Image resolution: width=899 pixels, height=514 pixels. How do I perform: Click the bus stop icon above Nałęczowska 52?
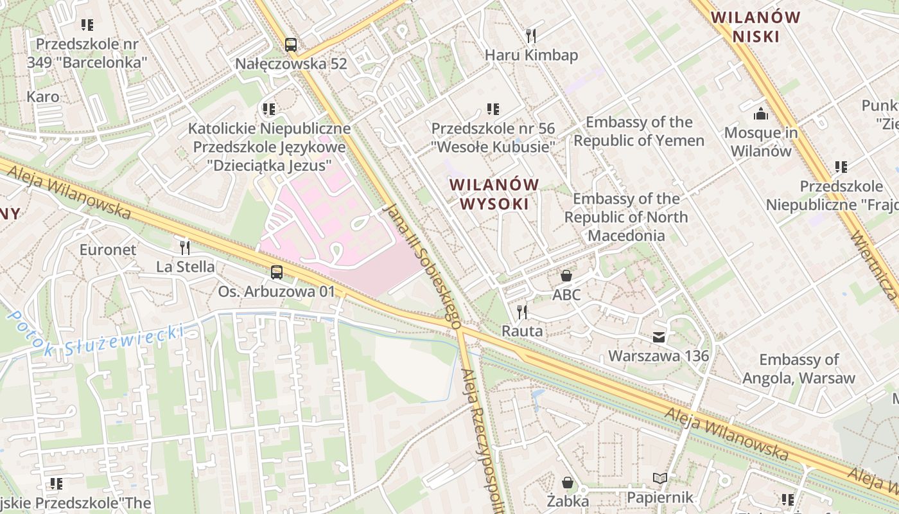tap(291, 45)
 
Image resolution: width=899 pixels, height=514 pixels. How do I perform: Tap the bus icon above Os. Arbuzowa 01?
tap(276, 272)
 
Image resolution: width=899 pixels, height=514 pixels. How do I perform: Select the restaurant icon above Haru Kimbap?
tap(530, 35)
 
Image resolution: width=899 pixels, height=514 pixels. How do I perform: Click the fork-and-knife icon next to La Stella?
tap(185, 248)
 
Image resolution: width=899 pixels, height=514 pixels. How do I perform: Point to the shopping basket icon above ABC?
tap(566, 276)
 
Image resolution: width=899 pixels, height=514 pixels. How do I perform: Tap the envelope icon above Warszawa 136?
tap(659, 337)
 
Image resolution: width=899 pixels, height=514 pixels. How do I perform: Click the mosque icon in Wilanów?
tap(761, 114)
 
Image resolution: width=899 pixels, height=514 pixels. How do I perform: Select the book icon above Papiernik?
tap(660, 479)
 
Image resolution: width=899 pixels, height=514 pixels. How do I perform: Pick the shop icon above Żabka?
tap(568, 482)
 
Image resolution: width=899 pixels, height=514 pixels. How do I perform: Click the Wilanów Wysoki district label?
tap(494, 194)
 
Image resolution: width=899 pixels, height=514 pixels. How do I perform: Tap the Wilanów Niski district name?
tap(756, 26)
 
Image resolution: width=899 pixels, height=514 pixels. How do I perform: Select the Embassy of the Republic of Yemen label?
tap(639, 131)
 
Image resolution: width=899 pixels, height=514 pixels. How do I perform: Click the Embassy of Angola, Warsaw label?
tap(799, 369)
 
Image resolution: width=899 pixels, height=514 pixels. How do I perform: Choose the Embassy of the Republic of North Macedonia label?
tap(626, 217)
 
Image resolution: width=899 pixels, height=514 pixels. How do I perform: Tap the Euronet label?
tap(108, 249)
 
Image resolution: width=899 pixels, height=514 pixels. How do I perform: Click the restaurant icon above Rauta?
tap(522, 312)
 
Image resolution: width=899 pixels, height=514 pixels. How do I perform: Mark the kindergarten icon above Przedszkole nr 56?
tap(493, 109)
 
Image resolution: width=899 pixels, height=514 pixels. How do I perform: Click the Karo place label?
tap(43, 97)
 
